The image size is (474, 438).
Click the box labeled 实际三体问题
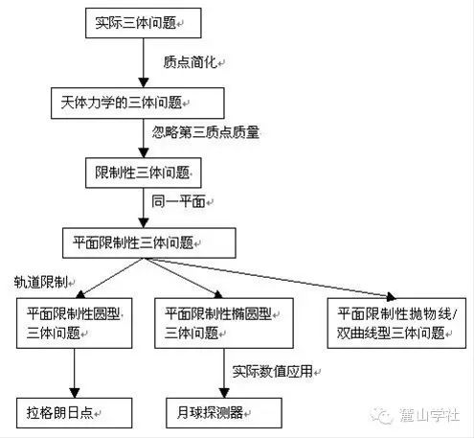144,23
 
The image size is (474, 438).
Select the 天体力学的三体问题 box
138,104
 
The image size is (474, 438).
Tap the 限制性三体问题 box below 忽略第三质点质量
144,173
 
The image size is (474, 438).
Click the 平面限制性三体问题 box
149,242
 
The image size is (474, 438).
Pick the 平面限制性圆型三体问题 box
75,323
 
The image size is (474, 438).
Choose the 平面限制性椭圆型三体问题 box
224,323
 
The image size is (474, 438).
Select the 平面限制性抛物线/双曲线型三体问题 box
396,323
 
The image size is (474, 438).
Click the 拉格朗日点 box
75,413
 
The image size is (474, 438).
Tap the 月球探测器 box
224,413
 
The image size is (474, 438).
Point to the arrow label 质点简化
191,62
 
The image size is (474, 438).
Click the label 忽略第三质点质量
206,132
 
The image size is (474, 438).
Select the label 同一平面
178,201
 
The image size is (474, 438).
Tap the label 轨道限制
41,282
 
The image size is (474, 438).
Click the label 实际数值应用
272,372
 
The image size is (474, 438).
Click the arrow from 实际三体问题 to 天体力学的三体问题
144,63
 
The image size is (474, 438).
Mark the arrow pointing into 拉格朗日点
75,373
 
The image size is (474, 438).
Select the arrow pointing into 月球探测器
224,373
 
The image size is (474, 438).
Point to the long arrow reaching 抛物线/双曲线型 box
271,278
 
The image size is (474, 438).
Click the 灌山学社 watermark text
429,415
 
